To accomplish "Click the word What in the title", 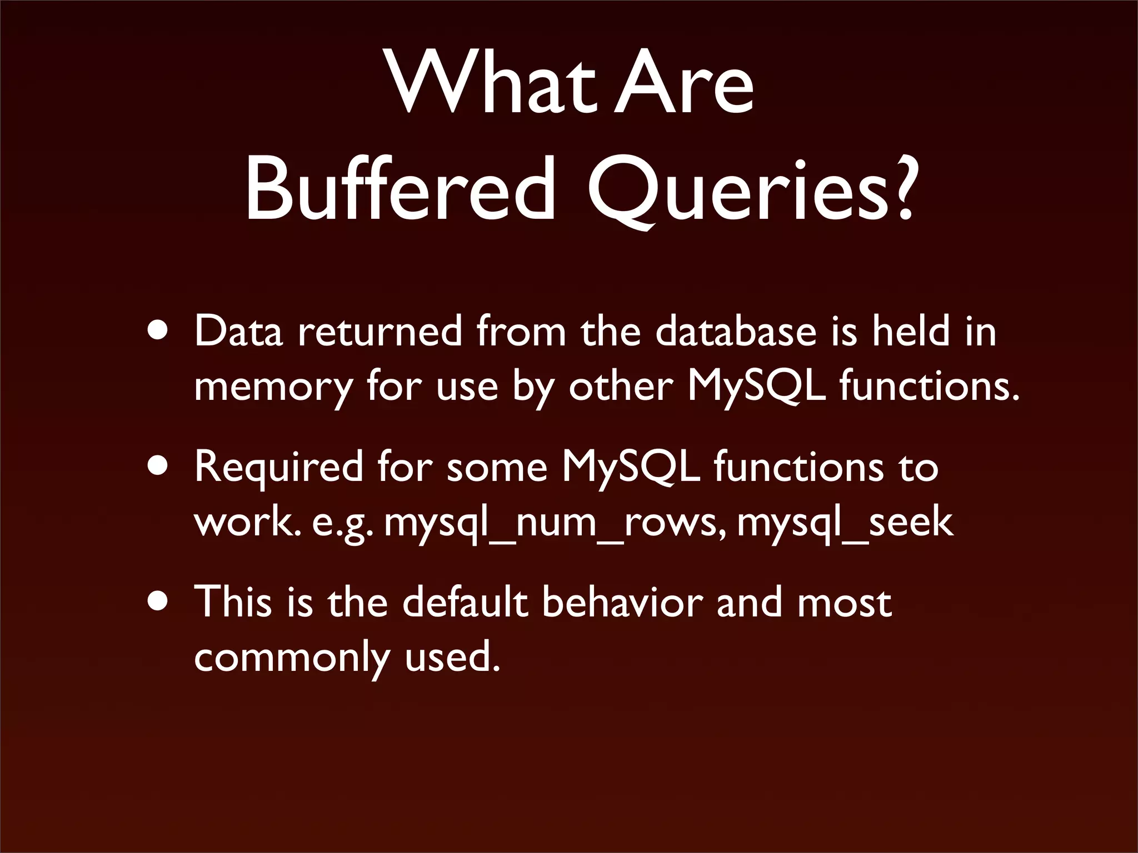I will point(489,83).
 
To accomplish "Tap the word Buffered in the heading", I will point(400,189).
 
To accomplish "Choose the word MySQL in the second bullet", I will point(631,467).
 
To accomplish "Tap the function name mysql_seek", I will point(845,523).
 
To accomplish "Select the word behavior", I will point(622,603).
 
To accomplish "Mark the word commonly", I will point(292,658).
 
